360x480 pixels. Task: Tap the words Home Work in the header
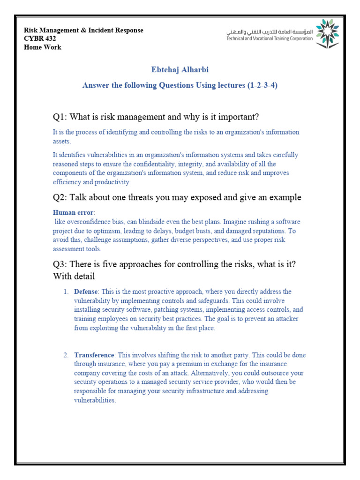pos(43,47)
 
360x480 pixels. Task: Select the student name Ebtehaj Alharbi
pos(180,70)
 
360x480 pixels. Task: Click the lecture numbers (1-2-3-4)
pos(259,85)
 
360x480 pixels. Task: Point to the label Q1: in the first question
pos(61,116)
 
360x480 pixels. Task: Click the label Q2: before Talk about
pos(61,197)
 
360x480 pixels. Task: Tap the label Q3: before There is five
pos(61,264)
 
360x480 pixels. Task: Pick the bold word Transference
pos(94,355)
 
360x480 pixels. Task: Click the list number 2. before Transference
pos(66,355)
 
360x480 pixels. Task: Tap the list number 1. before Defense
pos(66,292)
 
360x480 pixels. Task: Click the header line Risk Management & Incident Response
pos(84,30)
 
